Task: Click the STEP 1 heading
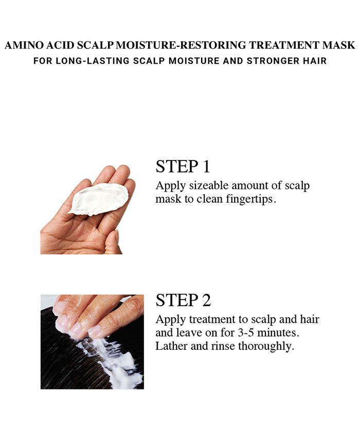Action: click(x=183, y=166)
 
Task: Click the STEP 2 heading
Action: click(x=183, y=300)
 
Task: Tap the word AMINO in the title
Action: click(x=21, y=46)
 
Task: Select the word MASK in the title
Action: click(x=340, y=46)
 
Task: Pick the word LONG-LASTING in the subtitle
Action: click(x=84, y=61)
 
